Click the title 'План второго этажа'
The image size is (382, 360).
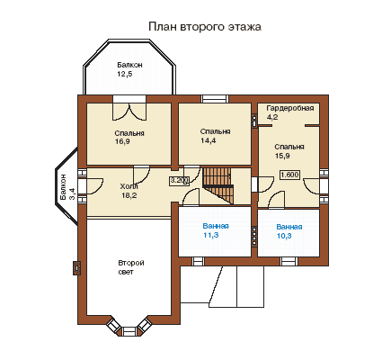[205, 27]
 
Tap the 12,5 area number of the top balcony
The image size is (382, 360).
[125, 74]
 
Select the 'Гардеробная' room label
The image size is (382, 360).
[290, 108]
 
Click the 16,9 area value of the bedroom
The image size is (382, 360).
[122, 141]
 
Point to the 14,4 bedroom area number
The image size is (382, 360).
[209, 140]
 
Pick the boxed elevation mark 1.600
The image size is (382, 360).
[289, 175]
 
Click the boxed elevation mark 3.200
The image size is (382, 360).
[180, 180]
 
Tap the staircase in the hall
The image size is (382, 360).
[218, 185]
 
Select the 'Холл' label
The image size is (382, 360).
[129, 187]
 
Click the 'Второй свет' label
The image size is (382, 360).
[131, 267]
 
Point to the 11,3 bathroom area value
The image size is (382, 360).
[211, 235]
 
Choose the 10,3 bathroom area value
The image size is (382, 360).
[284, 236]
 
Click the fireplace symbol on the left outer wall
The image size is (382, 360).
[77, 267]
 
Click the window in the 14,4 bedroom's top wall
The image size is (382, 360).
[215, 99]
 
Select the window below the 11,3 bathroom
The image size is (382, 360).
[198, 261]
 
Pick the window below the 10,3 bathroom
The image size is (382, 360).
[289, 261]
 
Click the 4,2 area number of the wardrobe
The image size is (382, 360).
[272, 117]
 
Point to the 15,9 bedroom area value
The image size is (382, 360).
[282, 156]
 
